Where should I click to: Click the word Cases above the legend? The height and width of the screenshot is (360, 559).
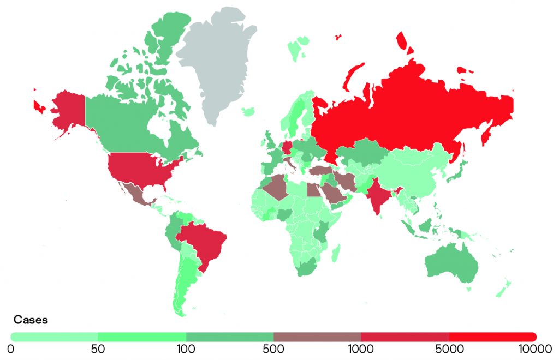click(31, 320)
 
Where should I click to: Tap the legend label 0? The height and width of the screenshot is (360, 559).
click(11, 348)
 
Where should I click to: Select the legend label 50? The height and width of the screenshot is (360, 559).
click(98, 348)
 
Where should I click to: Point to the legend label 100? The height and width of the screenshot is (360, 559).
click(186, 348)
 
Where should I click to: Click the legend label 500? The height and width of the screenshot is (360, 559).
click(273, 348)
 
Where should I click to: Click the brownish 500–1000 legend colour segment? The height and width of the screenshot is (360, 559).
click(317, 337)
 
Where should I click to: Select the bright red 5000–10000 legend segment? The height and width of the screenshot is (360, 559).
click(491, 337)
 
